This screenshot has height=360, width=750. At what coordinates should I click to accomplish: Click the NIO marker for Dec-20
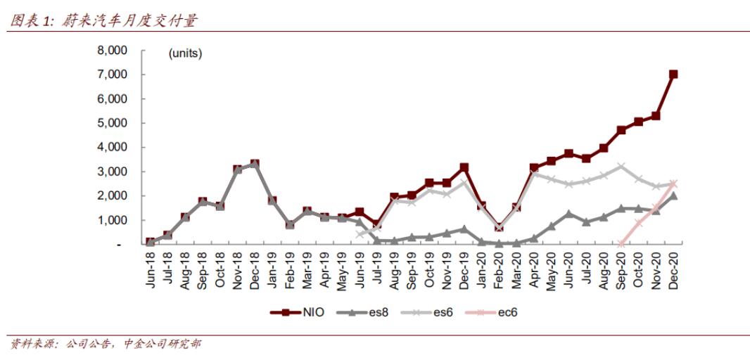pos(673,74)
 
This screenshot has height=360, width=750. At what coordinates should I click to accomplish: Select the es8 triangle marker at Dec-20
pos(673,195)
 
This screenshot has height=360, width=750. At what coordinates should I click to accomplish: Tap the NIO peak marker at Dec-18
pos(255,164)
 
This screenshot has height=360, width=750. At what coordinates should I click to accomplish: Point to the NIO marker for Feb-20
pos(499,227)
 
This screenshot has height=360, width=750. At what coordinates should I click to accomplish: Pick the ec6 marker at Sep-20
pos(621,243)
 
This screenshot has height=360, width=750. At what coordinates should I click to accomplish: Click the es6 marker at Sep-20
pos(621,167)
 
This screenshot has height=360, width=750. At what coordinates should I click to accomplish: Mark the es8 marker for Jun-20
pos(568,214)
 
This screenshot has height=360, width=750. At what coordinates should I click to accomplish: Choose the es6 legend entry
pos(431,311)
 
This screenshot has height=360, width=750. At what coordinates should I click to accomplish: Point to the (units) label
pos(185,53)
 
